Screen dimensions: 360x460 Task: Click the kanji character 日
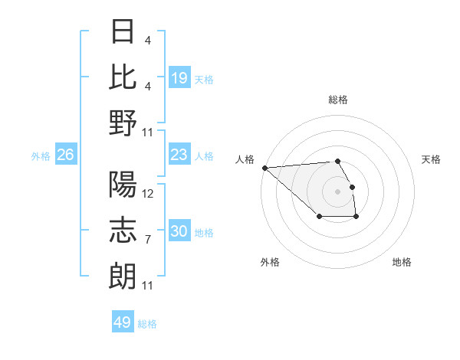click(x=123, y=32)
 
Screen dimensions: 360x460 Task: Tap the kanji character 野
click(x=123, y=123)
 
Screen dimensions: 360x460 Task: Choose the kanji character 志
click(x=123, y=231)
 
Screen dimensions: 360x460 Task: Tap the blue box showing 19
click(x=179, y=77)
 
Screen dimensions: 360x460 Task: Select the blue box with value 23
click(x=179, y=155)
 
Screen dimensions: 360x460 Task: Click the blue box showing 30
click(x=179, y=232)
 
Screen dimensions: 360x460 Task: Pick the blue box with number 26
click(x=66, y=155)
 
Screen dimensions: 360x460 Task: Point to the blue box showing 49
click(x=123, y=322)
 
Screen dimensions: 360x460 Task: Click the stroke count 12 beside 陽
click(x=148, y=194)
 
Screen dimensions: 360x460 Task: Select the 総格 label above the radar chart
click(x=337, y=100)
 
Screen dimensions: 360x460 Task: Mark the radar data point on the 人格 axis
click(x=264, y=168)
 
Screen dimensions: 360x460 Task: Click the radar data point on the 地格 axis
click(x=356, y=218)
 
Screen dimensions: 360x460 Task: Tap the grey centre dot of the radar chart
click(x=337, y=191)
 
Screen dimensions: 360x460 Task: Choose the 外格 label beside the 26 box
click(x=41, y=156)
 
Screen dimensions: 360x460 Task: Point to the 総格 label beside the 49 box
click(x=147, y=323)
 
